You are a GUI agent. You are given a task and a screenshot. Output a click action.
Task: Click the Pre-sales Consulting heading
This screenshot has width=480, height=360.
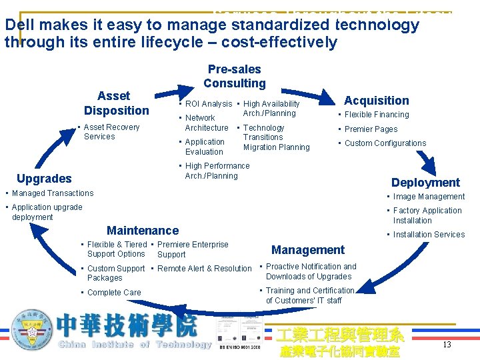(x=234, y=76)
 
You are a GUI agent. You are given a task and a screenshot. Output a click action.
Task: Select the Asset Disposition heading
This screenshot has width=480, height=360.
(x=116, y=103)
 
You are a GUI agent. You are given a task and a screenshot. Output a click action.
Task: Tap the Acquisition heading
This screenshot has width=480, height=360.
(x=376, y=101)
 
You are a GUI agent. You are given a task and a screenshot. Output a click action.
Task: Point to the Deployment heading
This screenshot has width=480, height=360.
(x=425, y=182)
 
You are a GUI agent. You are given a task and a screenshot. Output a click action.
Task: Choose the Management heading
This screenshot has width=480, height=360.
(x=308, y=250)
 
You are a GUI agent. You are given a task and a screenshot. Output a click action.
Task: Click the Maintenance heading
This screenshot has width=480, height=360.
(x=143, y=231)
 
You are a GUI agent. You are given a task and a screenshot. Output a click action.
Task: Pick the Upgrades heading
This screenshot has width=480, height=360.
(x=44, y=178)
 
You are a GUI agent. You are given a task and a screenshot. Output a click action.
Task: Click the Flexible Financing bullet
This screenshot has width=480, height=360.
(x=377, y=115)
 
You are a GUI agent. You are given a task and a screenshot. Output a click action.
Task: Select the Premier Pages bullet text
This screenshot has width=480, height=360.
(x=371, y=129)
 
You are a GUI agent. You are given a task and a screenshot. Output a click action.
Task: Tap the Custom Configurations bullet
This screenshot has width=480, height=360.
(x=385, y=143)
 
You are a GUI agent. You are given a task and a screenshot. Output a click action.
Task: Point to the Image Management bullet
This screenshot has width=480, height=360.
(x=429, y=197)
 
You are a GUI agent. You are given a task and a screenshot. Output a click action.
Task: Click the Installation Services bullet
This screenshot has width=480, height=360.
(x=429, y=235)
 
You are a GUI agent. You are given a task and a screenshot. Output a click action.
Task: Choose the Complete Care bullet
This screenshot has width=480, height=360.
(x=114, y=293)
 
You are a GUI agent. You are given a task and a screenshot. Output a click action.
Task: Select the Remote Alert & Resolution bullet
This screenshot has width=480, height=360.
(x=204, y=269)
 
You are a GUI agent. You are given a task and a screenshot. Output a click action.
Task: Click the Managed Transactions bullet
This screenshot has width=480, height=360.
(x=52, y=193)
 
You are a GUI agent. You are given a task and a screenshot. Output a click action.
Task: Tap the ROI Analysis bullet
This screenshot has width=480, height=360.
(x=208, y=104)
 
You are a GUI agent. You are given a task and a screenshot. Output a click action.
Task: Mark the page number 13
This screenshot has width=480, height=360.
(x=447, y=344)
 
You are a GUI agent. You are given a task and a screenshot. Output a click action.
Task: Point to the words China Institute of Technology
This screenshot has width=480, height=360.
(x=135, y=345)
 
